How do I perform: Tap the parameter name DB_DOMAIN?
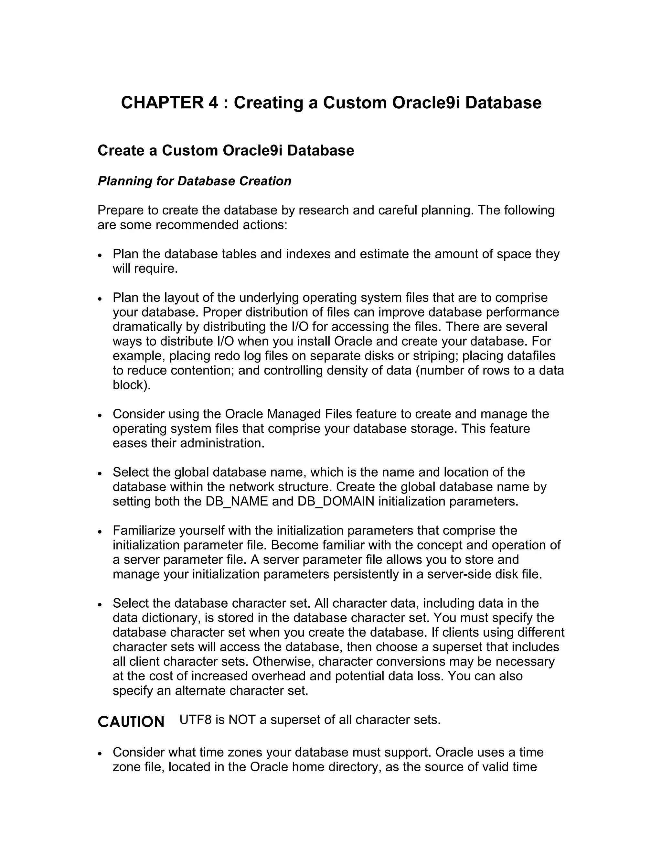[336, 502]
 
